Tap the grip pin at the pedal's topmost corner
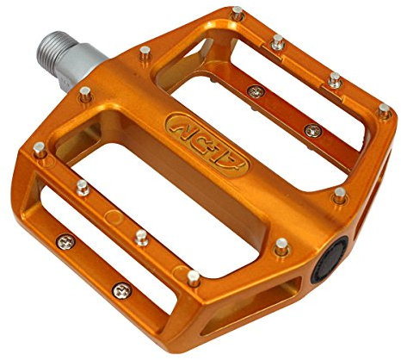click(237, 13)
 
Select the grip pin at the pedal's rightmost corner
click(384, 111)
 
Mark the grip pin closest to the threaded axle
click(145, 53)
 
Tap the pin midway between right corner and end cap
click(340, 195)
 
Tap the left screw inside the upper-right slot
click(255, 90)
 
